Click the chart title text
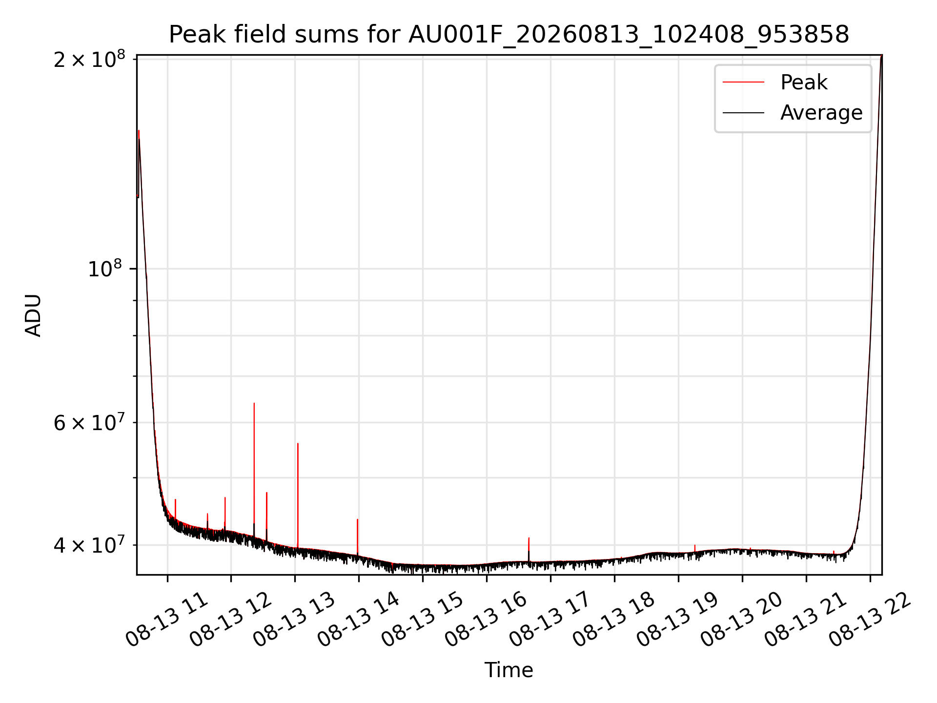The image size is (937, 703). pyautogui.click(x=509, y=35)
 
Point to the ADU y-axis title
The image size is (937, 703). pyautogui.click(x=33, y=315)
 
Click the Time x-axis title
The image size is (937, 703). pyautogui.click(x=509, y=670)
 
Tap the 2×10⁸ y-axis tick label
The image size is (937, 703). pyautogui.click(x=89, y=60)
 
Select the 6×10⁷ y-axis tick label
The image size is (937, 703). pyautogui.click(x=89, y=423)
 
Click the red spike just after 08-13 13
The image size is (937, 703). pyautogui.click(x=298, y=496)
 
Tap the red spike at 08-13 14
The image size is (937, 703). pyautogui.click(x=358, y=537)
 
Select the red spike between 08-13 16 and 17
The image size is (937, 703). pyautogui.click(x=529, y=549)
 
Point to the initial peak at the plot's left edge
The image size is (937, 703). pyautogui.click(x=139, y=131)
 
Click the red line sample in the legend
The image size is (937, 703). pyautogui.click(x=743, y=82)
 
